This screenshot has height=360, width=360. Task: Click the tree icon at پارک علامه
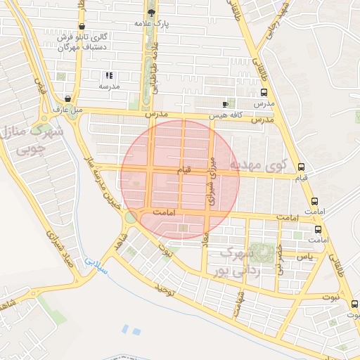[x=151, y=13]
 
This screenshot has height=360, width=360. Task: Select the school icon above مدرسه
[x=109, y=75]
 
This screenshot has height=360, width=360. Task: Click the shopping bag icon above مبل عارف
[x=67, y=99]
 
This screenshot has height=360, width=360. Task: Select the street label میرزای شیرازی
[x=210, y=180]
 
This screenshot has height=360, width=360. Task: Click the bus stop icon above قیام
[x=302, y=167]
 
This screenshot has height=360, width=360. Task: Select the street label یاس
[x=304, y=258]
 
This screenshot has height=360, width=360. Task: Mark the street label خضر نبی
[x=279, y=257]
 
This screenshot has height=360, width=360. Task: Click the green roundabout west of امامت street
[x=130, y=217]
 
